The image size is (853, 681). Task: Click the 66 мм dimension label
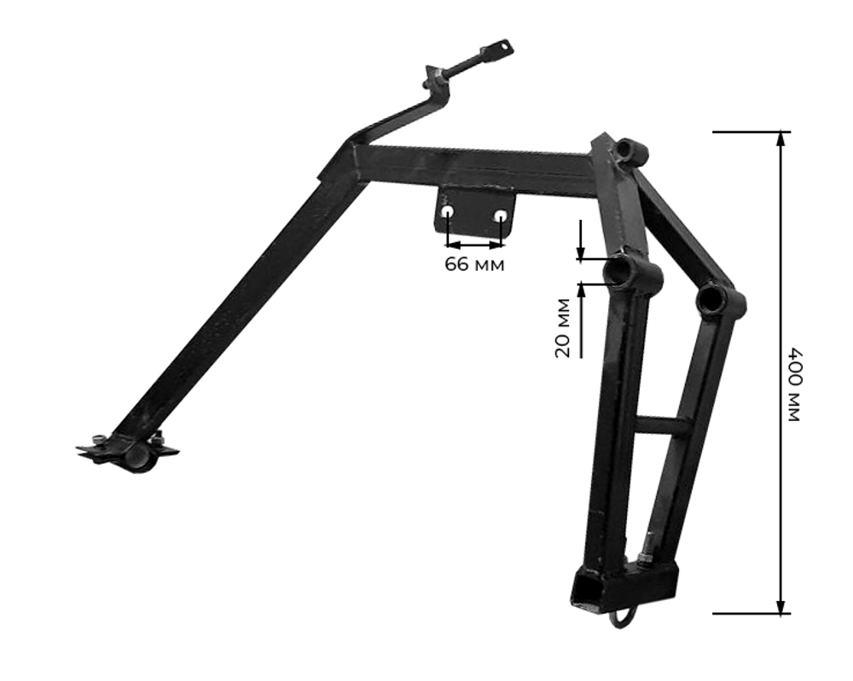point(474,265)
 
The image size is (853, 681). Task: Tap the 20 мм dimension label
point(562,328)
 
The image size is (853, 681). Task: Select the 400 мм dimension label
point(794,384)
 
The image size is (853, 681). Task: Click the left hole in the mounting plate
point(448,212)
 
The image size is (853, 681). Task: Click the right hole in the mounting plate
point(501,216)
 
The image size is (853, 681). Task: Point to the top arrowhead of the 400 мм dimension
point(781,139)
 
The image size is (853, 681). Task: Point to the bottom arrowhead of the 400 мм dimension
point(781,607)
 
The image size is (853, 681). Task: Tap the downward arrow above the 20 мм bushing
point(581,240)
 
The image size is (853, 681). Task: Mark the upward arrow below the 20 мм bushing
point(581,320)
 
